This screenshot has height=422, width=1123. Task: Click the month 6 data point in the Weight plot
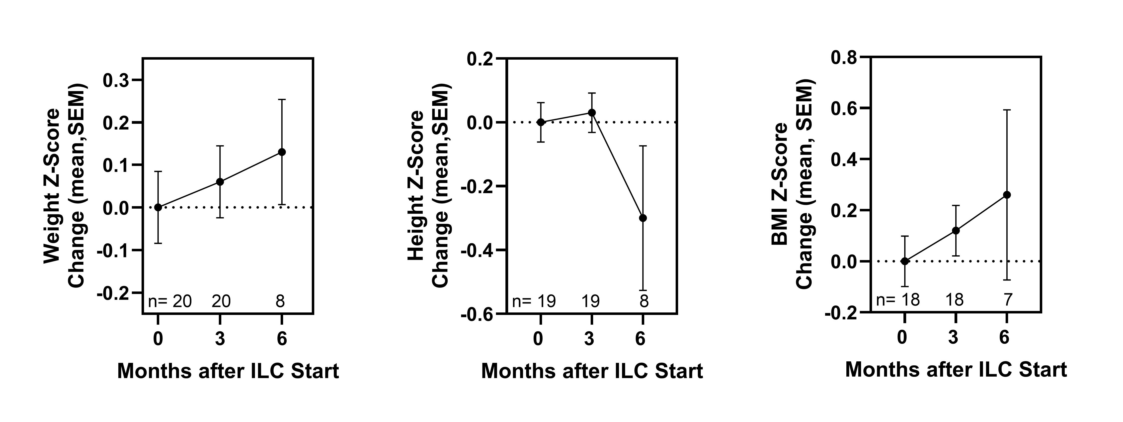(282, 152)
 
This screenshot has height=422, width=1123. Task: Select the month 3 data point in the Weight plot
(220, 181)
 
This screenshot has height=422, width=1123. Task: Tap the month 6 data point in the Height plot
(643, 218)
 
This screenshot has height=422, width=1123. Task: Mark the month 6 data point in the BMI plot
(1007, 195)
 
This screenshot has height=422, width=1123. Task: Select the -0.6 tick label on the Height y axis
(477, 314)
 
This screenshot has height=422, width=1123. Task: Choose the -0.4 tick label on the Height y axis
(477, 251)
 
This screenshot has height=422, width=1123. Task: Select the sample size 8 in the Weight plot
(280, 301)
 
